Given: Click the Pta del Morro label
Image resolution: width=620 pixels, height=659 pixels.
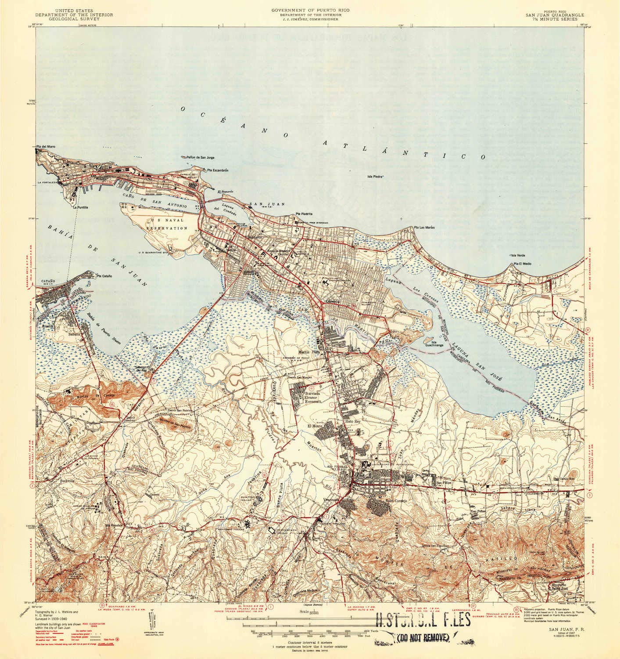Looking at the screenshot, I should (x=46, y=146).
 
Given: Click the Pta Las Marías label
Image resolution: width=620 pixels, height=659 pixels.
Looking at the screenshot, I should (x=423, y=227).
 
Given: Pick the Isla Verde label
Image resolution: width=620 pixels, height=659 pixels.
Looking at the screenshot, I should (x=517, y=255).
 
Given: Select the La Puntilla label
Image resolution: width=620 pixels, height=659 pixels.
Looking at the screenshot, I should (x=81, y=207).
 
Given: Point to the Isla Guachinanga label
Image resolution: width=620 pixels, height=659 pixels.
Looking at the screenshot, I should (x=440, y=344).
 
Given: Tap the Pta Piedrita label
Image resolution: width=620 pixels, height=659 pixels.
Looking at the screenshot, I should (x=304, y=214).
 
